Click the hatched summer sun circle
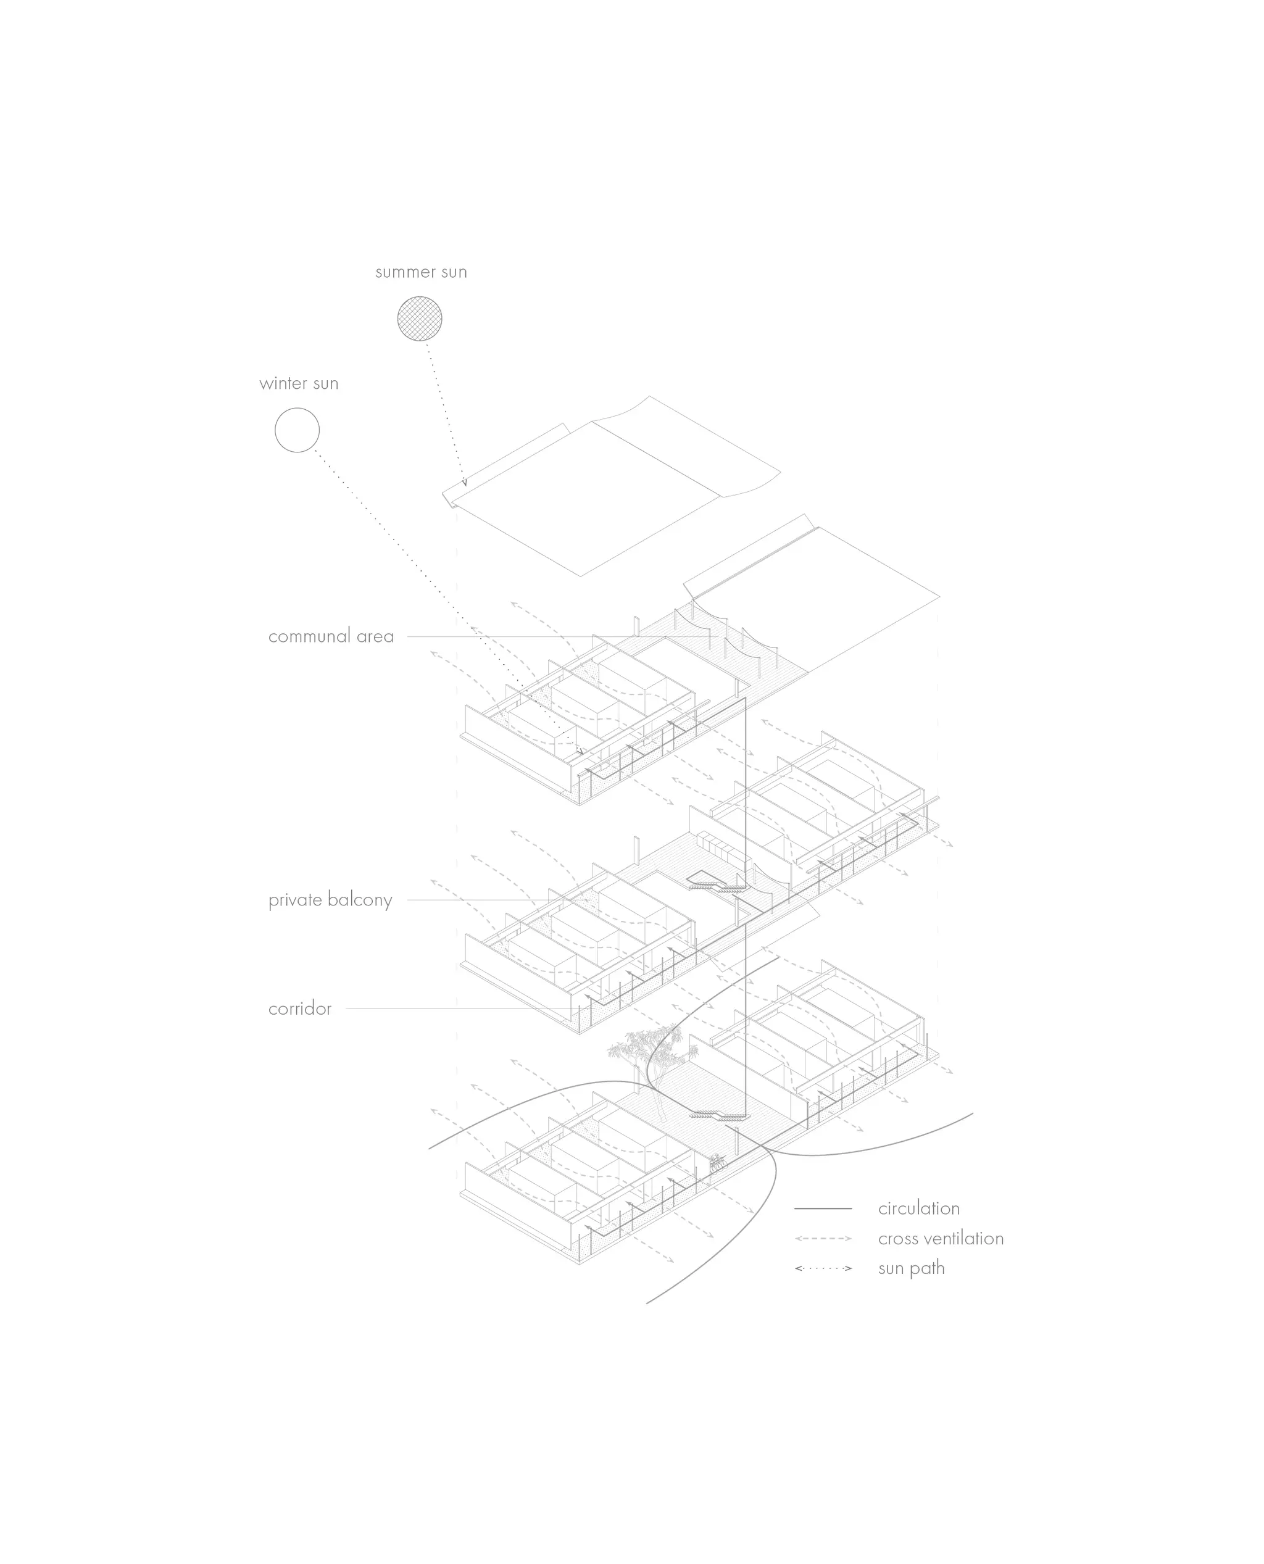pos(420,318)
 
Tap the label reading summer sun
pos(421,272)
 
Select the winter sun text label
pos(299,384)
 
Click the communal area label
pos(331,636)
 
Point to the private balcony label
pos(330,900)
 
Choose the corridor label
pos(299,1009)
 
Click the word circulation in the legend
pos(919,1208)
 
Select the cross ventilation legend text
pos(941,1237)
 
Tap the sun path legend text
pos(912,1268)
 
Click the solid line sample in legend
pos(823,1208)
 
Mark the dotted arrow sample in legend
pos(823,1268)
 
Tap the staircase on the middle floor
pos(717,883)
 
